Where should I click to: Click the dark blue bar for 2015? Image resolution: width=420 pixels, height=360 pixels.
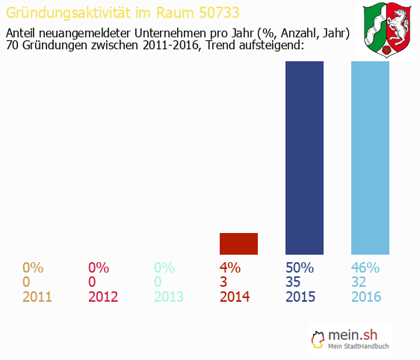click(305, 158)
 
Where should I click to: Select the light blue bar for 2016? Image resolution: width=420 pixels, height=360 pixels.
click(371, 158)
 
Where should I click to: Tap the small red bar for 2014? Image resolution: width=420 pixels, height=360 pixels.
click(238, 243)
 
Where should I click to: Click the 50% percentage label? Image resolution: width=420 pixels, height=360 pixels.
click(300, 267)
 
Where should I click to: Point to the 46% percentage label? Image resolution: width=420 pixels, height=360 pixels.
click(366, 267)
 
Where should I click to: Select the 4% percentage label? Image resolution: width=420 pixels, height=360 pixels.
click(229, 267)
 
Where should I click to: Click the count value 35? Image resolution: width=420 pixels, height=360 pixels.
click(294, 282)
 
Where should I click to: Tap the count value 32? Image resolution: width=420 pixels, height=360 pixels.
click(359, 282)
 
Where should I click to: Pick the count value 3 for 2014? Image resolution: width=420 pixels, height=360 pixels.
click(223, 282)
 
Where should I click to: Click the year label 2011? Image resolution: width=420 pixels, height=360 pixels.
click(37, 297)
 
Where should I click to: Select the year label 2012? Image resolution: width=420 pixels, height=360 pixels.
click(103, 297)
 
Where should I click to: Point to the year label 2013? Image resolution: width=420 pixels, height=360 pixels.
click(169, 297)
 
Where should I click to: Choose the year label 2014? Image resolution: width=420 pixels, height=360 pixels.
click(235, 297)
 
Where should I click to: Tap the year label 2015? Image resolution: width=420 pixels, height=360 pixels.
click(300, 297)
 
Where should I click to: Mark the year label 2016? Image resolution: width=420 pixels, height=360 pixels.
click(366, 297)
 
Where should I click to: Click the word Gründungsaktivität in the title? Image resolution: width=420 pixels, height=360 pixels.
click(68, 13)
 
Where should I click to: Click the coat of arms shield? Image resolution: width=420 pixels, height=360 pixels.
click(389, 30)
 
